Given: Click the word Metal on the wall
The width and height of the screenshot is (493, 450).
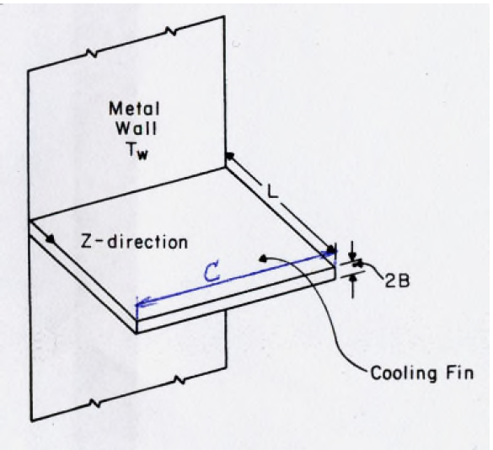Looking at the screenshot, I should [132, 109].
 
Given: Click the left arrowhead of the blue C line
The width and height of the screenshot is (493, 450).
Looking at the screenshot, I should [140, 300].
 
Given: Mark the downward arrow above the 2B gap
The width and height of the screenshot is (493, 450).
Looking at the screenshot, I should [353, 254].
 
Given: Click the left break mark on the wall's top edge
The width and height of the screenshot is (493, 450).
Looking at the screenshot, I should [88, 51].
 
